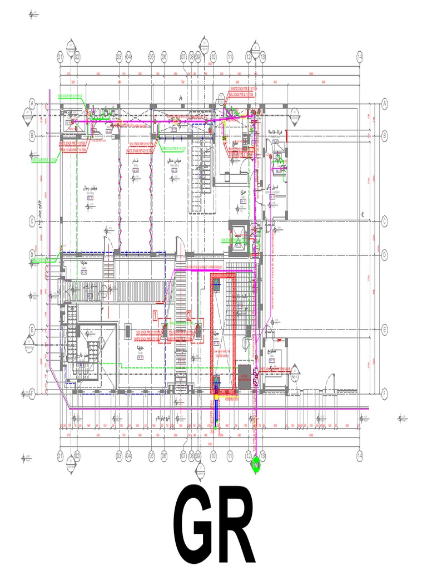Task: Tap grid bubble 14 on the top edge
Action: coord(360,56)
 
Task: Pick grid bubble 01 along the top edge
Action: coord(59,56)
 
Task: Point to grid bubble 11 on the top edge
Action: coord(229,56)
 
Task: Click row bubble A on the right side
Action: coord(384,103)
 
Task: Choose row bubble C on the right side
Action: coord(384,221)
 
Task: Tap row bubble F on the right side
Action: coord(384,393)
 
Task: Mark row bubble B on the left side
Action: coord(32,134)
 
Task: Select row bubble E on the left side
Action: coord(32,330)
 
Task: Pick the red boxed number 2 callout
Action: coord(189,315)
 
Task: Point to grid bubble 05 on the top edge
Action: coord(151,56)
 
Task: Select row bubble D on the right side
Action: coord(384,255)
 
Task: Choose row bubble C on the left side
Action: coord(32,221)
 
